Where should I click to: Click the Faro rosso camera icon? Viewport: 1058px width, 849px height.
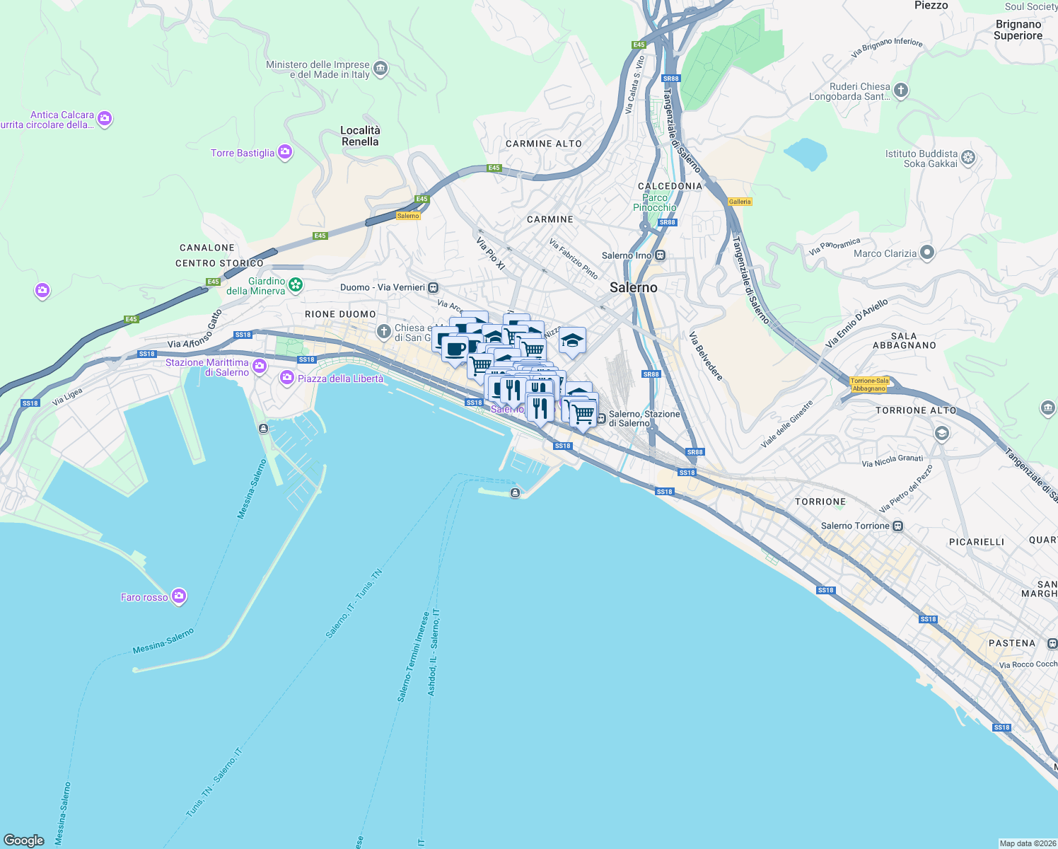pos(179,596)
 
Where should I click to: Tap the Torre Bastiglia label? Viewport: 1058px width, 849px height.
pos(243,153)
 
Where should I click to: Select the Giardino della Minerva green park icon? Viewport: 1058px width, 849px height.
pos(296,285)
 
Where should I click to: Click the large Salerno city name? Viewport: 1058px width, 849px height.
pos(633,287)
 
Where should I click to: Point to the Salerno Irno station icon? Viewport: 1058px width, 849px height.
pos(660,255)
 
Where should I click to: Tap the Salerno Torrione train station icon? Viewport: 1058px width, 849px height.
pos(897,526)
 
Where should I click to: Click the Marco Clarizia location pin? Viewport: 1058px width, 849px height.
pos(927,253)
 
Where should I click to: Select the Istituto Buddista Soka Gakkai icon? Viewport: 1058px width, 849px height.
pos(968,158)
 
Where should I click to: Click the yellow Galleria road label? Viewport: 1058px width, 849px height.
pos(740,202)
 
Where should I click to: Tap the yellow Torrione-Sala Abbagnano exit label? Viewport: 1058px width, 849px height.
pos(869,385)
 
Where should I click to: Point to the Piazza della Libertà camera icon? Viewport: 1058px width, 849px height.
pos(286,378)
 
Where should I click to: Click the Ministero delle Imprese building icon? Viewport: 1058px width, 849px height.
pos(380,69)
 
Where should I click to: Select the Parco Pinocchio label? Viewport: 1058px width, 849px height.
pos(655,203)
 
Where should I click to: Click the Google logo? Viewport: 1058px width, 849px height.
pos(23,841)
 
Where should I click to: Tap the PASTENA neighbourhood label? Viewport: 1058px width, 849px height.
pos(1011,643)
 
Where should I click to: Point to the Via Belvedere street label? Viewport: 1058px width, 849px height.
pos(706,356)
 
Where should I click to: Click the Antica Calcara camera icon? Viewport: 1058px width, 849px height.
pos(105,119)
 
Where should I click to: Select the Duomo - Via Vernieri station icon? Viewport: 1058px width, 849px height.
pos(433,287)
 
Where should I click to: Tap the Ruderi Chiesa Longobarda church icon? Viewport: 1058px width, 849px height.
pos(900,90)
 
